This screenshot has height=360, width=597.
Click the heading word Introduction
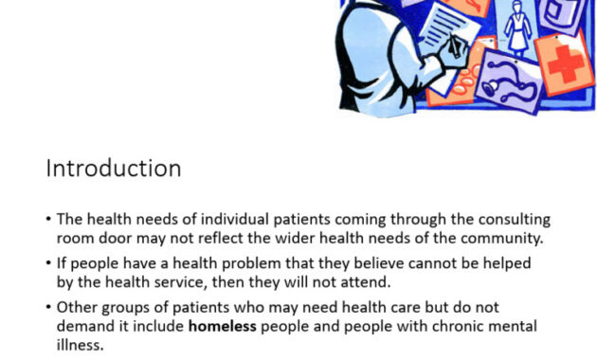point(114,169)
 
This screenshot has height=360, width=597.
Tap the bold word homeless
point(223,326)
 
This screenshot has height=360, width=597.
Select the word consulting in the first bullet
point(515,220)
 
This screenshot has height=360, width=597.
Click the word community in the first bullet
point(501,239)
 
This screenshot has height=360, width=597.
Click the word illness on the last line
point(80,345)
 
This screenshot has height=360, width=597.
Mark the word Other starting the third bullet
point(77,307)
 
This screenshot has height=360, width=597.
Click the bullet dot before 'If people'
point(48,263)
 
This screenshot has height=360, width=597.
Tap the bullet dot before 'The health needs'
point(48,219)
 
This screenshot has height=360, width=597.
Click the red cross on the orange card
point(566,63)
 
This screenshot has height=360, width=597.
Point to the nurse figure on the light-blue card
point(517,27)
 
